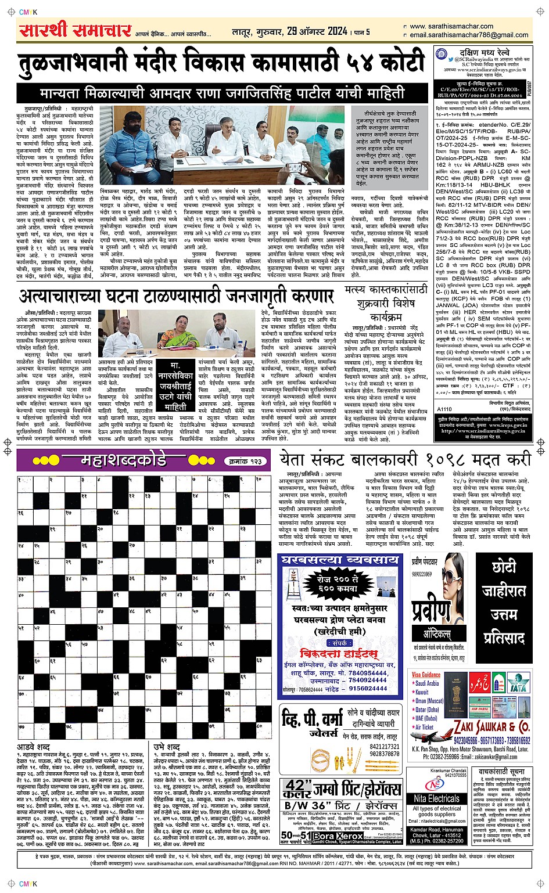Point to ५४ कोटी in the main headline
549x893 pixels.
coord(383,63)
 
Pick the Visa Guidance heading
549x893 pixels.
coord(426,675)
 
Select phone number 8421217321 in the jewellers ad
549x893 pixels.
coord(385,747)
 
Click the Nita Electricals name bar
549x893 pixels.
coord(436,799)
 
